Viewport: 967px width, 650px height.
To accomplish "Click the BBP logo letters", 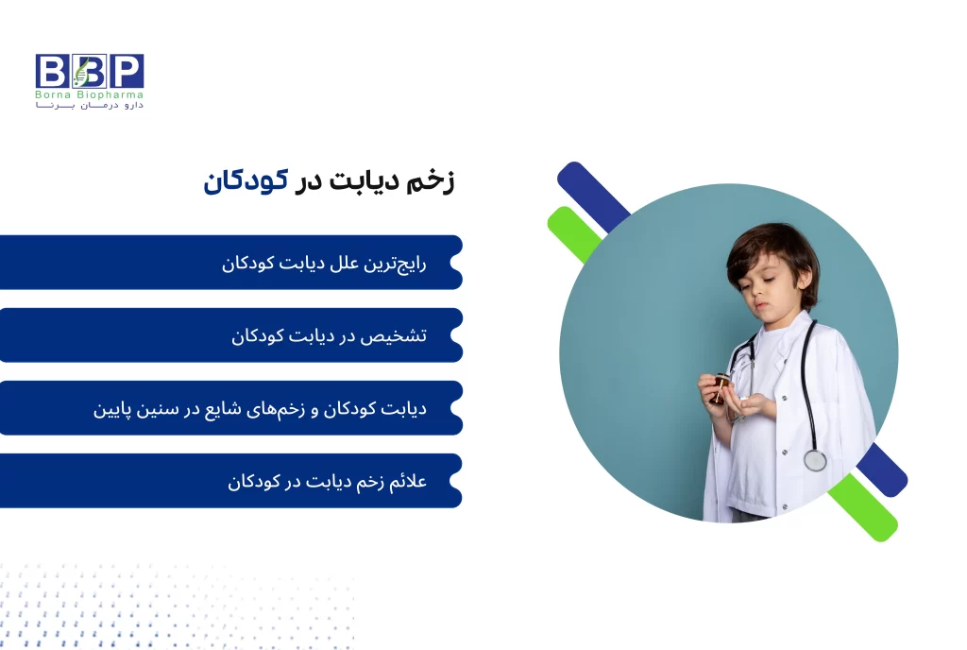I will tap(90, 71).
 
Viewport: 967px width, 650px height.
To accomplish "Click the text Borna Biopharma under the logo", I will tap(90, 95).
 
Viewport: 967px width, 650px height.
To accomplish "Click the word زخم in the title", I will tap(433, 182).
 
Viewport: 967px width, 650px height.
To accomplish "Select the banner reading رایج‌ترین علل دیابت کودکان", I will tap(230, 263).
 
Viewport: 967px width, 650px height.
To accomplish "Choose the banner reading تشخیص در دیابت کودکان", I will tap(230, 335).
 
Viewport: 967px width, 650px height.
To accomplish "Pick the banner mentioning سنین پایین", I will tap(230, 408).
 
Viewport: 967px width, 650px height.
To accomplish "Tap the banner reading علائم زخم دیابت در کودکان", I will tap(230, 481).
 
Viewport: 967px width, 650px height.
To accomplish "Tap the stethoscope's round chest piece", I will tap(814, 460).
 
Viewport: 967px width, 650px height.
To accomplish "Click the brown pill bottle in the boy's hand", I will tap(721, 386).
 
